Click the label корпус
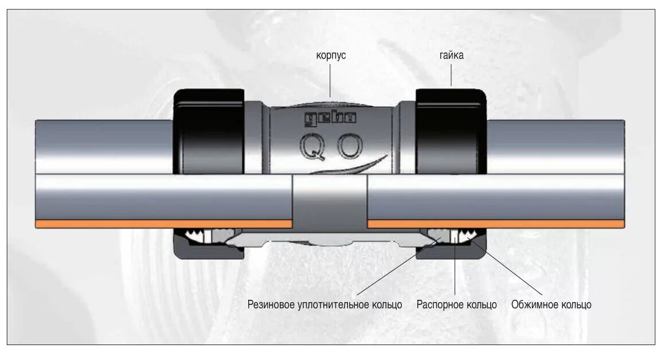331,56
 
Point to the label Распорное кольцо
456,304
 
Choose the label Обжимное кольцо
551,304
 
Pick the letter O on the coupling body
349,147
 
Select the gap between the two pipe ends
330,198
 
